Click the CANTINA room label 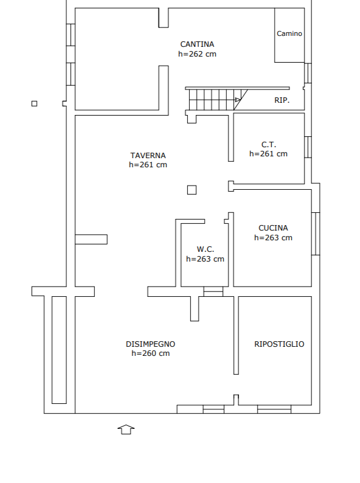(197, 44)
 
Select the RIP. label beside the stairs (282, 100)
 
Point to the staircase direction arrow (237, 100)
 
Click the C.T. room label (269, 144)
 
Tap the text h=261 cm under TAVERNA (148, 165)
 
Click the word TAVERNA (148, 156)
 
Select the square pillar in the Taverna (192, 190)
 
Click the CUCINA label (273, 228)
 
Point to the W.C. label (206, 249)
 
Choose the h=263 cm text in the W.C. (205, 259)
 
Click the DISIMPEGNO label (151, 344)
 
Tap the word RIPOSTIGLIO (279, 344)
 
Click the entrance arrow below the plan (126, 429)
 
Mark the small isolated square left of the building (35, 103)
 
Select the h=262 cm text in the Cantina (197, 54)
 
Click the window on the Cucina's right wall (316, 234)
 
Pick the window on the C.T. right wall (308, 147)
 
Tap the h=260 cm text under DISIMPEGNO (151, 353)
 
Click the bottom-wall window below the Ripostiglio (274, 409)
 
